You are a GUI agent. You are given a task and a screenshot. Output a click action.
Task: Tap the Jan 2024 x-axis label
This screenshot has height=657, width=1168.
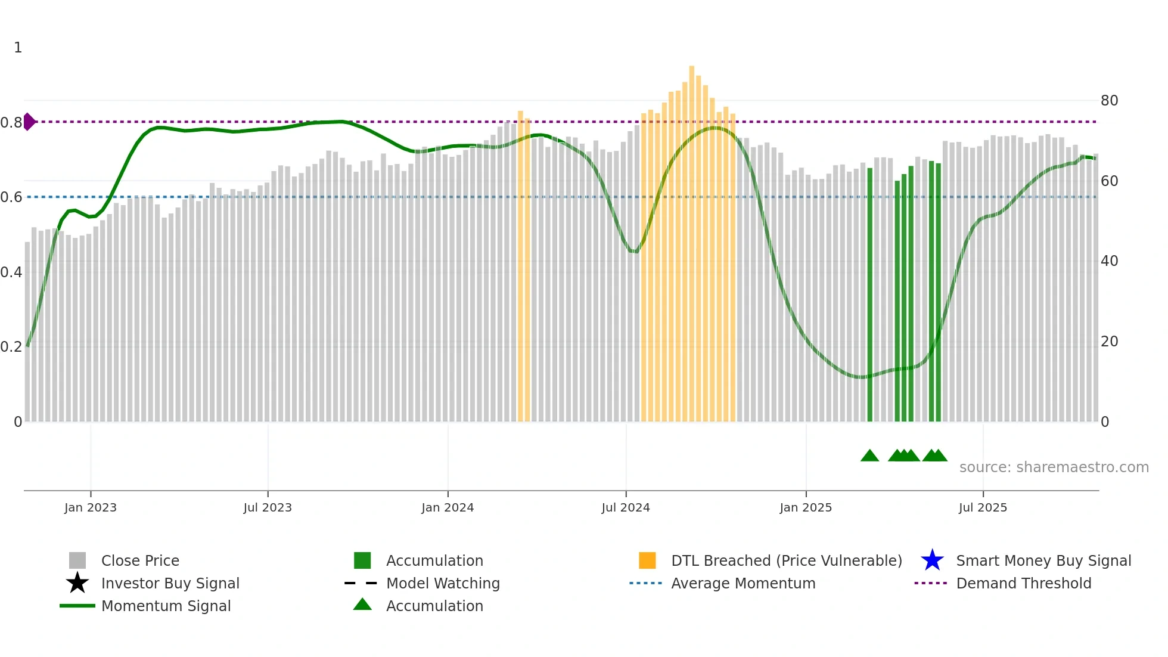point(448,507)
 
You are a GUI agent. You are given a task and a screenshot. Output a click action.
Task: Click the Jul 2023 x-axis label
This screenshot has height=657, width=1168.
point(268,507)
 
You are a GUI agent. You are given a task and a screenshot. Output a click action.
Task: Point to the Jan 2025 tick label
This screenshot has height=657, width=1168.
point(806,507)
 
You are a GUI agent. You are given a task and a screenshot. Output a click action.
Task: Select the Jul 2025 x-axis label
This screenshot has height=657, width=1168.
point(983,507)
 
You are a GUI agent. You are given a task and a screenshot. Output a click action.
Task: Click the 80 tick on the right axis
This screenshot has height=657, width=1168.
point(1109,101)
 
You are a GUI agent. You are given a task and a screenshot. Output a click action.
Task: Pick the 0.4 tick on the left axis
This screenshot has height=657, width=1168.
point(11,272)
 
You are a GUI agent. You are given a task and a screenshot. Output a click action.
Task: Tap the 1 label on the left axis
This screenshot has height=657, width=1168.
point(18,48)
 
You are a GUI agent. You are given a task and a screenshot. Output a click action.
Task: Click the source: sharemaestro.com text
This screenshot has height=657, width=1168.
point(1054,467)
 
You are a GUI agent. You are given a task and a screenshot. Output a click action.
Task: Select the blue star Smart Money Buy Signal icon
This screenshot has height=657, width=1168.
point(932,560)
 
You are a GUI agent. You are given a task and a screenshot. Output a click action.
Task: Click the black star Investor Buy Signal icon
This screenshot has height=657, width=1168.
point(77,583)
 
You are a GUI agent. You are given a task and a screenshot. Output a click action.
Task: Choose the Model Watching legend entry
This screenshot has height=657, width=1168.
point(442,583)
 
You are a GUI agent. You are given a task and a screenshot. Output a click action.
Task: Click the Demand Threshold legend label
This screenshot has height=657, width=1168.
point(1023,583)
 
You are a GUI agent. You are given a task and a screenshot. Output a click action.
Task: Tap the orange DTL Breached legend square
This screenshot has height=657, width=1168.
point(647,560)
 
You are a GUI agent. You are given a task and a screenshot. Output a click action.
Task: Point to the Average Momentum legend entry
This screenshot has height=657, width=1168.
point(743,583)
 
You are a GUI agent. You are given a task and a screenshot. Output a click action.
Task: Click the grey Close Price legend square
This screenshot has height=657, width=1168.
point(77,560)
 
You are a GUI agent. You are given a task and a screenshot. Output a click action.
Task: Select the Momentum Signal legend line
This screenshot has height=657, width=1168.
point(77,606)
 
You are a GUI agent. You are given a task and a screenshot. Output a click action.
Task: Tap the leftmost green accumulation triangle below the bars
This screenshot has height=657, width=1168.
point(869,455)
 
